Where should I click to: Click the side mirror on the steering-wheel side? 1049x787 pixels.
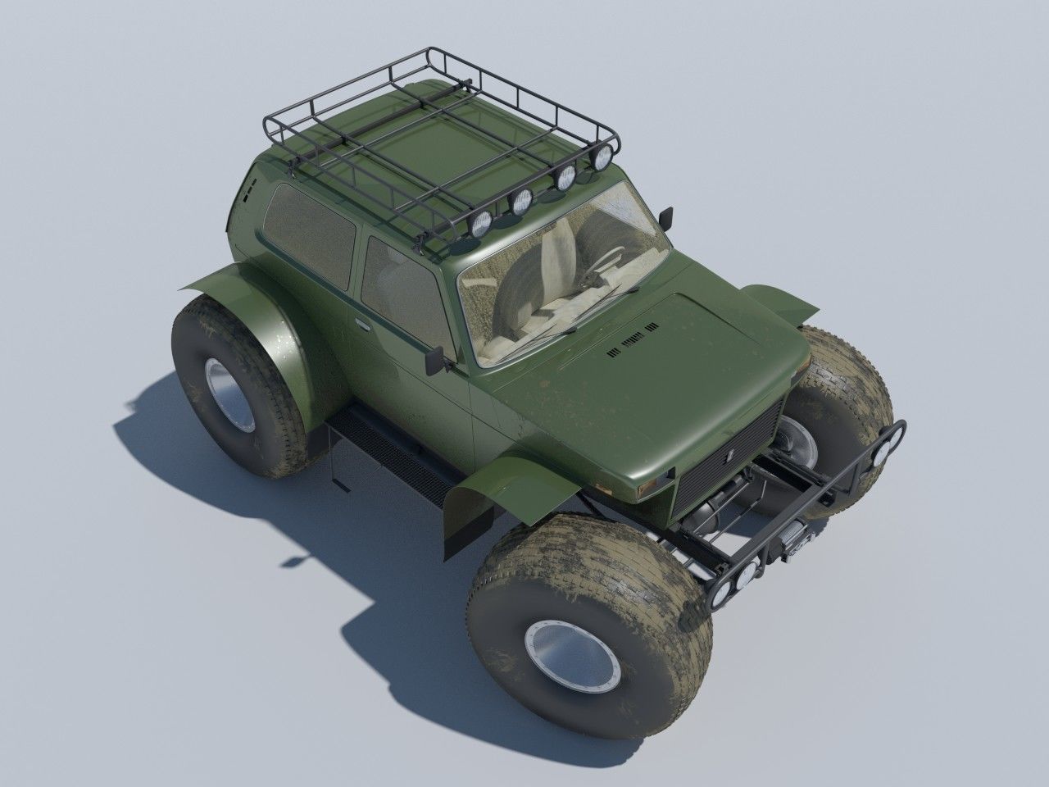coord(667,217)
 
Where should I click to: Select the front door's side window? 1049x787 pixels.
coord(402,283)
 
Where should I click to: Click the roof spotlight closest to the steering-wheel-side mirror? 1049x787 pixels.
coord(605,155)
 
